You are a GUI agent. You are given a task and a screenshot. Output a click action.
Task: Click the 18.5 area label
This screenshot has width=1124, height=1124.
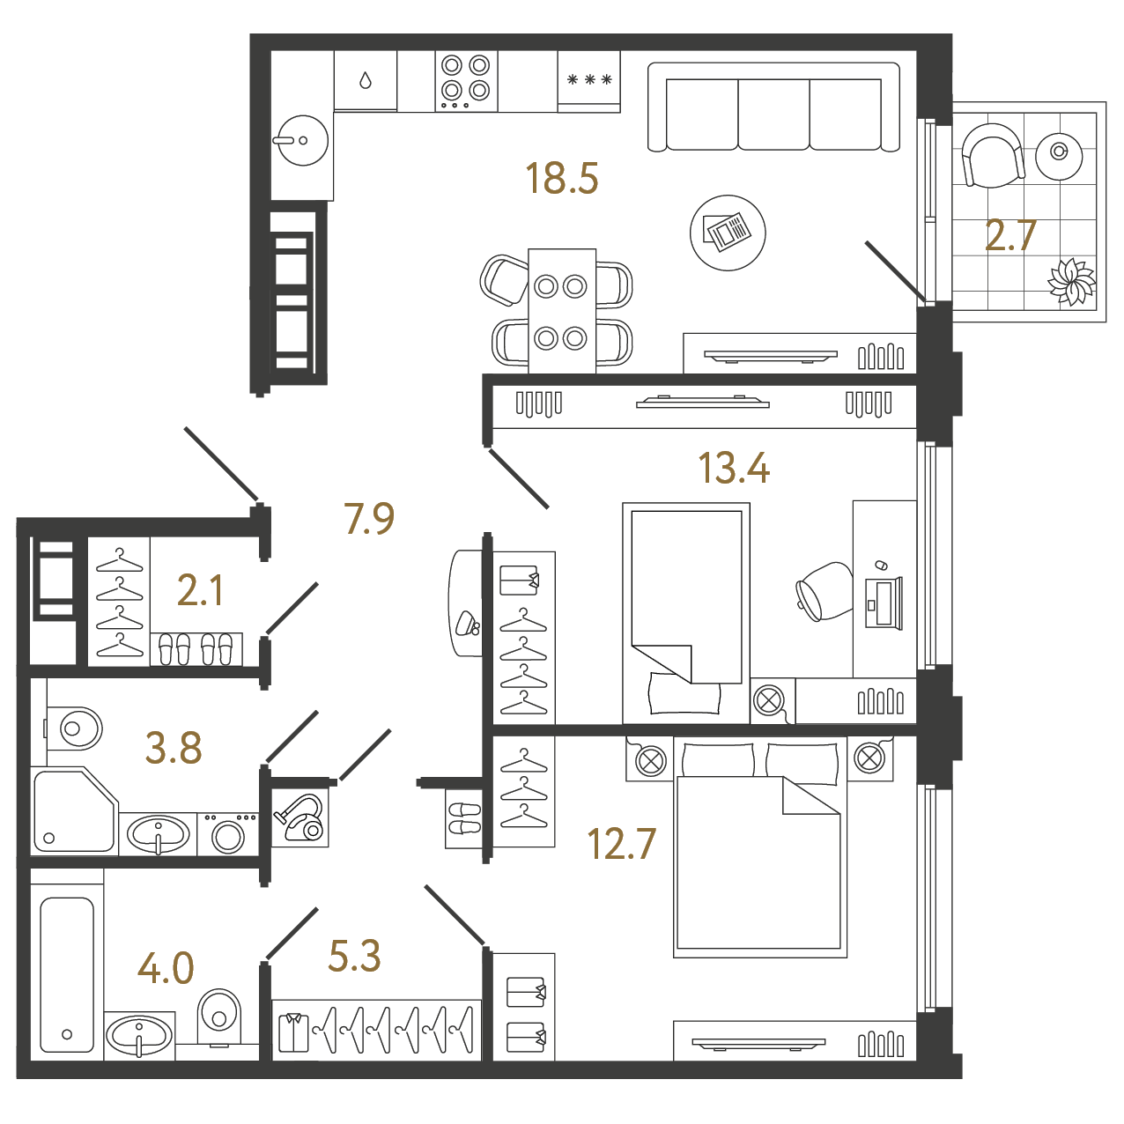point(561,179)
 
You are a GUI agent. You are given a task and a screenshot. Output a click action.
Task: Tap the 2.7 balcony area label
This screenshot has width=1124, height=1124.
point(1010,236)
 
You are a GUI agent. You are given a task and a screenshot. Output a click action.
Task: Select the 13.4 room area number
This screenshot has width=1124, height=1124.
point(733,468)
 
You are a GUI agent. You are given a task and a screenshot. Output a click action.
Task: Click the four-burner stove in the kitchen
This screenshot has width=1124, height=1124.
point(465,81)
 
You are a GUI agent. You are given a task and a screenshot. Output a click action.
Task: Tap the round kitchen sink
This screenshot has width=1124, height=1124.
point(302,140)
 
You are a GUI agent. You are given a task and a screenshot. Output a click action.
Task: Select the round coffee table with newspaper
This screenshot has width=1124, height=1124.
point(728,233)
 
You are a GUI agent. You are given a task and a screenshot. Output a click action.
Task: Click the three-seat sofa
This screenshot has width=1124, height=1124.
point(773,107)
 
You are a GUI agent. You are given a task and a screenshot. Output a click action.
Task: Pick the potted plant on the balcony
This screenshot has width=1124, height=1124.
point(1071,282)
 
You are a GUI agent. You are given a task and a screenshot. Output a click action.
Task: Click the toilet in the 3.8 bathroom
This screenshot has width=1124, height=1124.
point(73,728)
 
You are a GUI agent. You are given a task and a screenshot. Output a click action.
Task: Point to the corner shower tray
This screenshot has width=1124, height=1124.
point(75,810)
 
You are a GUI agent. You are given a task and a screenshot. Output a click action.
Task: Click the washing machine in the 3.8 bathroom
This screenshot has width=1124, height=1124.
point(228,835)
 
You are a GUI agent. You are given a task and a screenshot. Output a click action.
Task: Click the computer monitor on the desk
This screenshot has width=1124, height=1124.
point(884,603)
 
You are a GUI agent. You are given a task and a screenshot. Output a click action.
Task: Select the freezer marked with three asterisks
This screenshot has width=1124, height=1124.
point(588,81)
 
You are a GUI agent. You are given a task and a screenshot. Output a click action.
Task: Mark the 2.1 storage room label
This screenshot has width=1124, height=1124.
point(199,590)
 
